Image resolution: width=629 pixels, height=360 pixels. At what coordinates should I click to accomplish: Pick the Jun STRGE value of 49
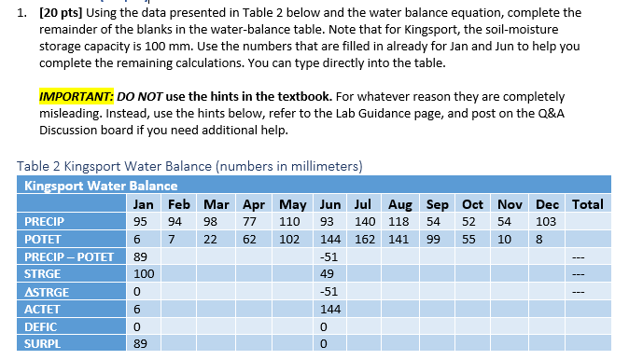(x=328, y=274)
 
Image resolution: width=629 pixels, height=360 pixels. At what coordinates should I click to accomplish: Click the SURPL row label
(x=43, y=344)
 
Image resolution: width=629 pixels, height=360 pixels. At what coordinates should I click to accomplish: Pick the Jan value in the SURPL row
(x=141, y=344)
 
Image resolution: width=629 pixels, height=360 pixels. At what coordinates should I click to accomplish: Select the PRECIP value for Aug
(x=400, y=222)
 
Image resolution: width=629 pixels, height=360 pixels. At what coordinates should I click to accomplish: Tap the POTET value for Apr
(x=250, y=240)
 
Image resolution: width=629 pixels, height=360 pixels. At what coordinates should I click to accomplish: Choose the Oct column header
(x=472, y=204)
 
